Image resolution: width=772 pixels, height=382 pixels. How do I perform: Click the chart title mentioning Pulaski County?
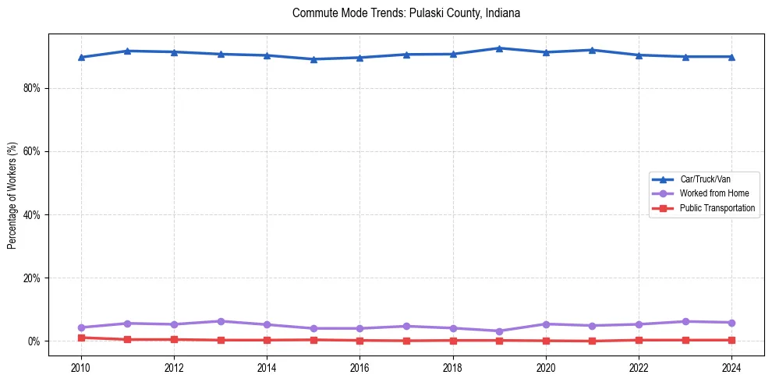coord(405,13)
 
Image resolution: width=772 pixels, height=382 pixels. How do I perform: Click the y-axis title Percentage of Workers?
coord(12,195)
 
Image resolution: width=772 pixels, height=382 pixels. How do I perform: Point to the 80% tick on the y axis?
coord(32,88)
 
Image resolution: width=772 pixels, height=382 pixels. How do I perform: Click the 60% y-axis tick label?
coord(32,151)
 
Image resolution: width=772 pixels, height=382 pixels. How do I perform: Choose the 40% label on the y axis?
coord(32,214)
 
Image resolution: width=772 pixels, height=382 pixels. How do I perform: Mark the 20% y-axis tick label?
coord(32,278)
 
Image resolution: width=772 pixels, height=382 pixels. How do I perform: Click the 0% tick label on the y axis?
coord(34,341)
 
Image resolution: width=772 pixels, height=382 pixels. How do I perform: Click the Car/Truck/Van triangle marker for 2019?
coord(499,48)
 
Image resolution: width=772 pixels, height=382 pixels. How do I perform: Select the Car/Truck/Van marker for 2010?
coord(81,57)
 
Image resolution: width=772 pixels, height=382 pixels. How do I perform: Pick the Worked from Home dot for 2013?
coord(221,321)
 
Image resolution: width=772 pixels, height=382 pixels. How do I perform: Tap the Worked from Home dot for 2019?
coord(499,331)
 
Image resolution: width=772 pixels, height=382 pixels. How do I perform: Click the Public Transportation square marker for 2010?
coord(81,338)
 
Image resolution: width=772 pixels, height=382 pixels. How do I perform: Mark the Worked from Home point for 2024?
coord(731,323)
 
